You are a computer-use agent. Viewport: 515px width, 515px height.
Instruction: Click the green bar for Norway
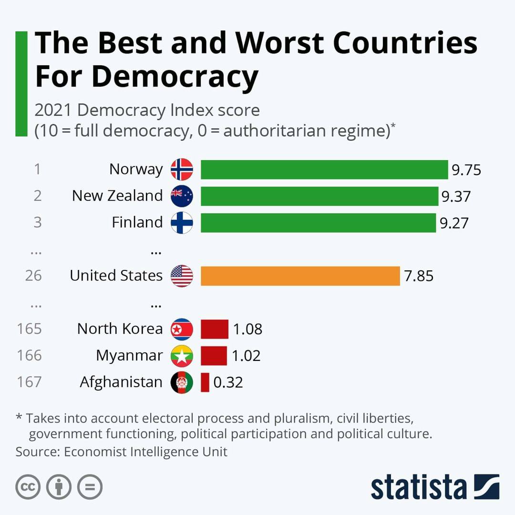[324, 169]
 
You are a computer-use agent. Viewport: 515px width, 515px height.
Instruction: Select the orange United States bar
[300, 276]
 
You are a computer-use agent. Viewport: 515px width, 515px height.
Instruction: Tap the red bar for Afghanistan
[205, 382]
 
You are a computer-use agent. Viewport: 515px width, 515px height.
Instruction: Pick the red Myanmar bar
[214, 356]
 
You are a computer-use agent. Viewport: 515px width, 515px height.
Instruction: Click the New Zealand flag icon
[182, 196]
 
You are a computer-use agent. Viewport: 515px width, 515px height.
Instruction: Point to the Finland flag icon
[182, 223]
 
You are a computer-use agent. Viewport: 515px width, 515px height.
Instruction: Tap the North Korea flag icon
[182, 329]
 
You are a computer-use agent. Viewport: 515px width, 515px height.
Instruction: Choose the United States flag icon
[182, 276]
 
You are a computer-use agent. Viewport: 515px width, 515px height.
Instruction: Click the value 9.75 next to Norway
[466, 170]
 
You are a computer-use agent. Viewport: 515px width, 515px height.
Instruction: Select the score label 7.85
[419, 276]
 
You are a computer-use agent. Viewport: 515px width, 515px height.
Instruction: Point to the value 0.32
[228, 382]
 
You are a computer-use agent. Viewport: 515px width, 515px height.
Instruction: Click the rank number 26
[33, 276]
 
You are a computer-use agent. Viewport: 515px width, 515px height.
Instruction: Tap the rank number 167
[30, 382]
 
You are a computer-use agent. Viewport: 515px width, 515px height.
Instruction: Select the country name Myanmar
[129, 356]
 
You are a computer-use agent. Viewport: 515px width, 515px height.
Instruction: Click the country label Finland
[137, 223]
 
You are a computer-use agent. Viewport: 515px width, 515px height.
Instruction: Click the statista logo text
[419, 487]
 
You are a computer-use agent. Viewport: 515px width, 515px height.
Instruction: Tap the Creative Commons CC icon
[28, 487]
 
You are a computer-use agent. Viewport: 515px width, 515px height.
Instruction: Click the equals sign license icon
[90, 487]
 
